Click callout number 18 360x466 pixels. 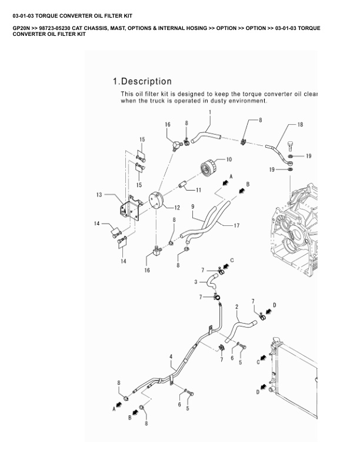click(x=300, y=125)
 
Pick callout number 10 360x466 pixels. click(x=229, y=159)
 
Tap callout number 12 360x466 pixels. click(x=177, y=207)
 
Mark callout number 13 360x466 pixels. click(x=99, y=194)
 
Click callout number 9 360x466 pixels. click(x=193, y=207)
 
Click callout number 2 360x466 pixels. click(x=236, y=307)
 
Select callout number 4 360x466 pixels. click(x=171, y=357)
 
